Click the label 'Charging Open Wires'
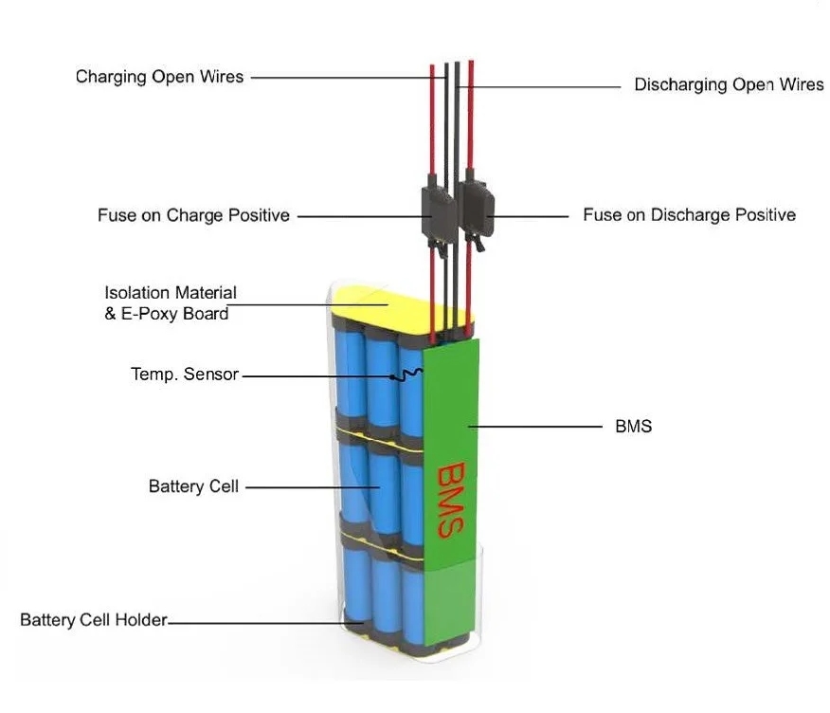(159, 77)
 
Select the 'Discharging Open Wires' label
(729, 84)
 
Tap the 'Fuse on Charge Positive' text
(193, 215)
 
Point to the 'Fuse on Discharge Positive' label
(689, 214)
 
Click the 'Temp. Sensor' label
(185, 375)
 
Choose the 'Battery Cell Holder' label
(93, 620)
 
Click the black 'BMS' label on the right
(633, 426)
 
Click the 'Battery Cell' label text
(193, 486)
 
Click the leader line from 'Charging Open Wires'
(341, 77)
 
